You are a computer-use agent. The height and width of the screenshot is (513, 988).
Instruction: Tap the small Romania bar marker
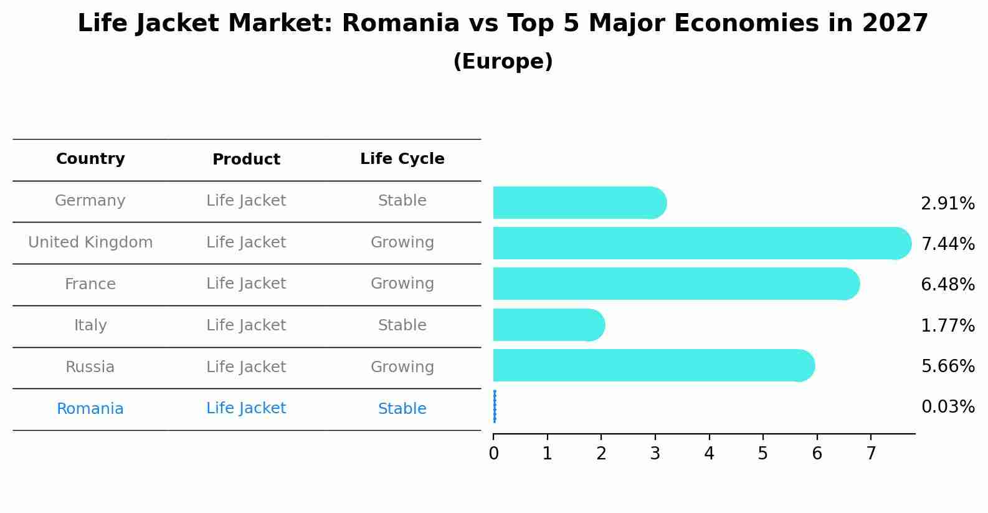(495, 406)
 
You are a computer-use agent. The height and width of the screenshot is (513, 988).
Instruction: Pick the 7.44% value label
(948, 244)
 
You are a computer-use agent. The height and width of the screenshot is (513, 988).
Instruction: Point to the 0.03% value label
(948, 407)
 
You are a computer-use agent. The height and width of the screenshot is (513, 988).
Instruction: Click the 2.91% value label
(948, 203)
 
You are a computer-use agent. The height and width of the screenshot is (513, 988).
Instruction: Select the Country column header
(90, 159)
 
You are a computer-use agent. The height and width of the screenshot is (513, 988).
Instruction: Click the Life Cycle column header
(402, 159)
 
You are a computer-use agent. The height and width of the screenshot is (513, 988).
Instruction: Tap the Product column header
(246, 160)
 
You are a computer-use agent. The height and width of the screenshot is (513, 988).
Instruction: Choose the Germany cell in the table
(90, 201)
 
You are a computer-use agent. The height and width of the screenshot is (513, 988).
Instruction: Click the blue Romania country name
(90, 409)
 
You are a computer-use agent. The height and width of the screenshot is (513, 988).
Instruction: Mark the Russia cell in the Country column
(90, 367)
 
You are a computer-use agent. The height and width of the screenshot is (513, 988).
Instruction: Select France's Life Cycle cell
(402, 284)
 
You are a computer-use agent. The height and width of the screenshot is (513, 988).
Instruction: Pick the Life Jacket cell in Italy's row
(246, 325)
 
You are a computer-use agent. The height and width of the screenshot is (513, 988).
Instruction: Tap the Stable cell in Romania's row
(402, 409)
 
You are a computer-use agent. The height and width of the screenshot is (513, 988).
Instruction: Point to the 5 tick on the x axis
(762, 454)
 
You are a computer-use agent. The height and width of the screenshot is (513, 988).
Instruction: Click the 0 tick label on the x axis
(493, 454)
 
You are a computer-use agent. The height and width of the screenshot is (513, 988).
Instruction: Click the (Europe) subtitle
(503, 62)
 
